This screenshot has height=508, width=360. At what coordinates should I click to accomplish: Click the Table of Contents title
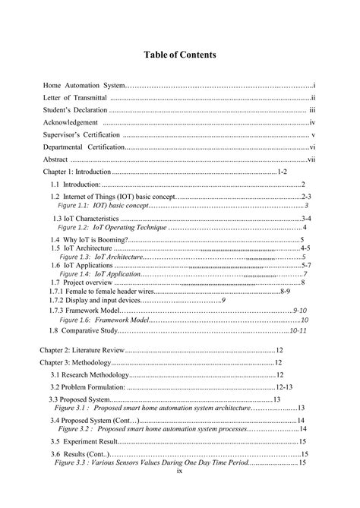180,55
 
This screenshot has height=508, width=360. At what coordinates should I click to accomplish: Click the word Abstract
55,159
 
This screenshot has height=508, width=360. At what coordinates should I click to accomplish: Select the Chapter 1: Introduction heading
77,172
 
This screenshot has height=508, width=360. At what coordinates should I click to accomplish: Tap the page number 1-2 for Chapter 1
282,172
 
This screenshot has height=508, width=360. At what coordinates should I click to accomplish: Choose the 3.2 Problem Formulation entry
88,387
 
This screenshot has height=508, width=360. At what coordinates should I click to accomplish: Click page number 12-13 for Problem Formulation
283,387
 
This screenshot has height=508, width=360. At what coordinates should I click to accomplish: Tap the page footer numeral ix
179,471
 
